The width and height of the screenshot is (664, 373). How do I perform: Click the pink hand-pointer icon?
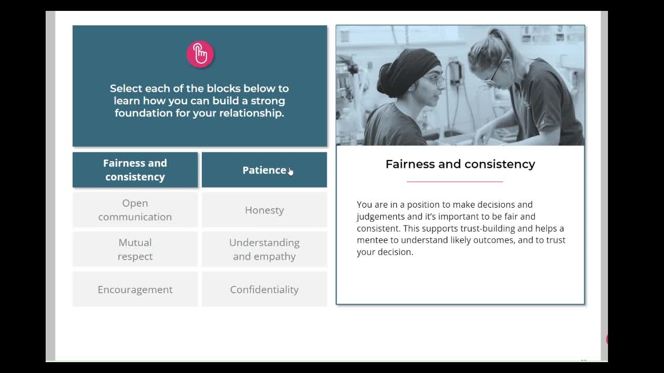[200, 54]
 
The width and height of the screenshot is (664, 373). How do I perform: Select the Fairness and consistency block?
[135, 170]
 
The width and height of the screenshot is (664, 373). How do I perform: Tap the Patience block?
[265, 170]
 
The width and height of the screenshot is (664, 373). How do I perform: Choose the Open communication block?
[135, 210]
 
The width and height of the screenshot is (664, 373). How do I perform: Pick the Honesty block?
[265, 210]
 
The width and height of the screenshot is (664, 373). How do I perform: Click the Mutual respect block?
[135, 249]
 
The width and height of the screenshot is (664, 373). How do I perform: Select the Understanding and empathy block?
[265, 249]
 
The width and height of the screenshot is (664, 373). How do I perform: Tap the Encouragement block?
[135, 289]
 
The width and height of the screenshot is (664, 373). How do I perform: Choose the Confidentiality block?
[265, 289]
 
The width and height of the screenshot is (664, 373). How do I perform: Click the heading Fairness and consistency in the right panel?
[460, 164]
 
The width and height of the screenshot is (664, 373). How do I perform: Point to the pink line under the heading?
[455, 181]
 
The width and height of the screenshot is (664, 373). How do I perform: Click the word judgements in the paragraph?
[381, 217]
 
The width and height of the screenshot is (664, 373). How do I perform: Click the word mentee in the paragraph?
[372, 240]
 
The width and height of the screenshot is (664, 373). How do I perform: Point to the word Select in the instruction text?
[126, 89]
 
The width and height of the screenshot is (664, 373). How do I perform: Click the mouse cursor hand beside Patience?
[290, 171]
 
